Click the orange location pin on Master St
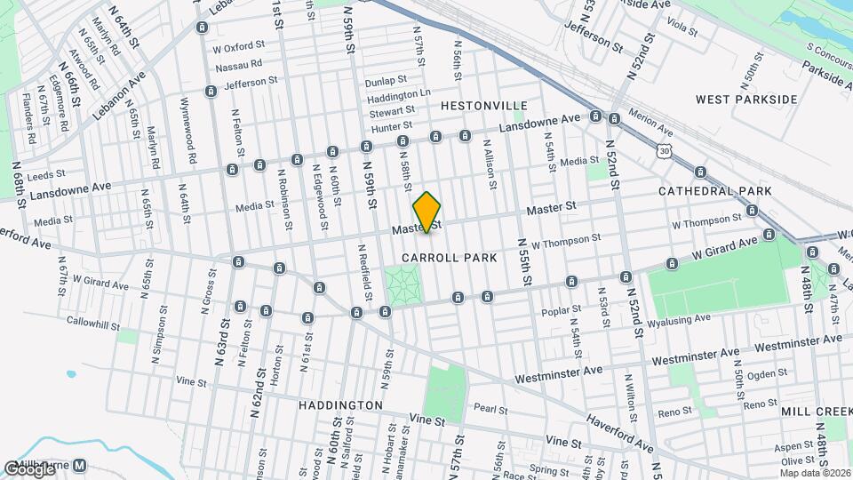[x=427, y=212]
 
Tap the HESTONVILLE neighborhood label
[x=484, y=106]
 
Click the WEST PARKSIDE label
[x=746, y=100]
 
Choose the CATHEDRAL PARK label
[x=714, y=191]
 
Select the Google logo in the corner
[x=28, y=468]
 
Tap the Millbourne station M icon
[x=80, y=465]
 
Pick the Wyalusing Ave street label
[x=680, y=319]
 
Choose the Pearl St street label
[x=490, y=410]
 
